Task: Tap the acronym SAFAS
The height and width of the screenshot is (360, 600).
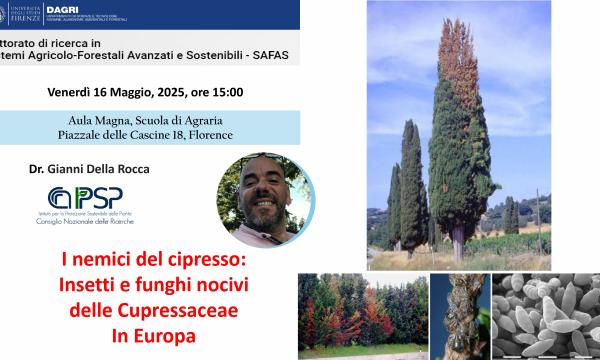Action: tap(265, 54)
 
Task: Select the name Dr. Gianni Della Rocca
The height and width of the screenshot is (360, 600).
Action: tap(90, 169)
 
